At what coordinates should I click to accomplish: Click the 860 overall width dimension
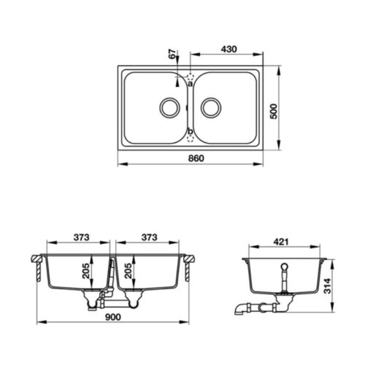click(x=195, y=158)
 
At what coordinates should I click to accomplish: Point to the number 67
click(x=173, y=55)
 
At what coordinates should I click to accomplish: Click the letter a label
click(x=190, y=84)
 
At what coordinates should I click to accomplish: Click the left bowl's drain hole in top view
click(x=168, y=107)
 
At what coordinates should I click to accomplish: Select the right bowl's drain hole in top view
click(x=212, y=107)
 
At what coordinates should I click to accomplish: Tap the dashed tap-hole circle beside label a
click(x=190, y=75)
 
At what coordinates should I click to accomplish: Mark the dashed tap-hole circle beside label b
click(x=190, y=139)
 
